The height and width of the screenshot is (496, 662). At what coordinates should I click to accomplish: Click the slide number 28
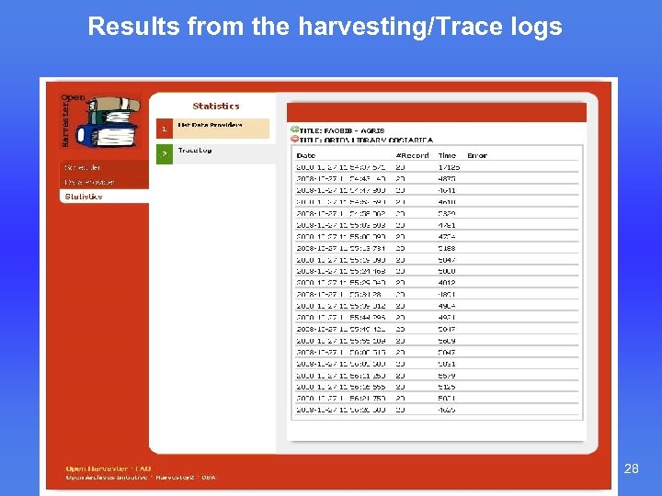tap(632, 469)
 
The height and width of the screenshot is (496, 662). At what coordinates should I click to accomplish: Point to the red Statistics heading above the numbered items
tap(215, 106)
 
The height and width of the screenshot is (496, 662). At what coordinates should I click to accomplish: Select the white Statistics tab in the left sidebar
tap(84, 197)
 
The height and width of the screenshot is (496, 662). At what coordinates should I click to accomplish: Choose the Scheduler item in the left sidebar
tap(83, 167)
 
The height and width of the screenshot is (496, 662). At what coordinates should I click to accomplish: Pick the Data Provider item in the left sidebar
tap(89, 182)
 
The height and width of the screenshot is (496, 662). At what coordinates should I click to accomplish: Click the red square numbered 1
tap(164, 130)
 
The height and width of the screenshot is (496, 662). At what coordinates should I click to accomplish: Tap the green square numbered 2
tap(164, 153)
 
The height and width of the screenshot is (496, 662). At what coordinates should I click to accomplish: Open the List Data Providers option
tap(210, 125)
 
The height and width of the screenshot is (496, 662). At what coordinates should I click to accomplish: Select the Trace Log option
tap(195, 150)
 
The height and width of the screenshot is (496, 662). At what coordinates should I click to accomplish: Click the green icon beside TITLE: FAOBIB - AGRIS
tap(294, 130)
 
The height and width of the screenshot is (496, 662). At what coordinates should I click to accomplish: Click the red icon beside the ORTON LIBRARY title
tap(294, 139)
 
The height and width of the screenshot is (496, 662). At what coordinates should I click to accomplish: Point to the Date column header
tap(305, 155)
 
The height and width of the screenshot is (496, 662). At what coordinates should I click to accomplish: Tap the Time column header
tap(447, 155)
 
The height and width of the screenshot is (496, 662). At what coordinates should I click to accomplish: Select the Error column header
tap(476, 155)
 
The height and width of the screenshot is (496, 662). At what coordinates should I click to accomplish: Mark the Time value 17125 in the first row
tap(448, 167)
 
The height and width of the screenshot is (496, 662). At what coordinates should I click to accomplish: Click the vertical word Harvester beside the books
tap(65, 119)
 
